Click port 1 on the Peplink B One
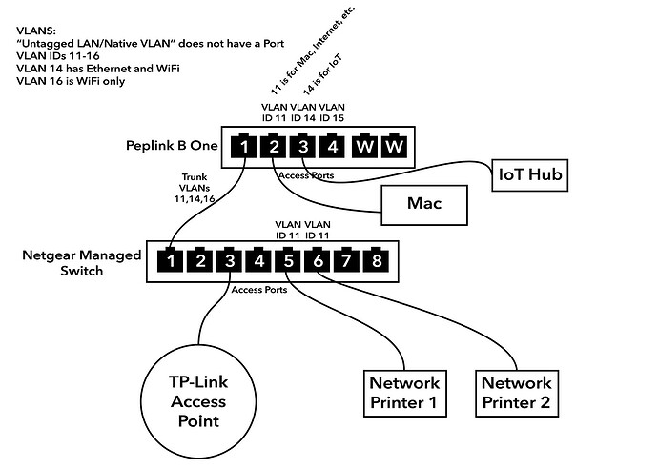click(x=245, y=148)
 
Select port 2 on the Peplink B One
click(x=274, y=148)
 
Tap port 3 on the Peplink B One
click(x=303, y=148)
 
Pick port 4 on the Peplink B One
click(x=333, y=148)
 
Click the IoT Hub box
click(x=533, y=174)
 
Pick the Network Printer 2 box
click(x=516, y=392)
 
